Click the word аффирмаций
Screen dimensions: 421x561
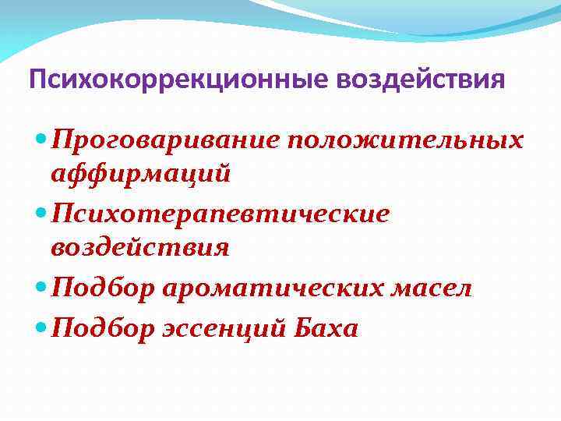(140, 173)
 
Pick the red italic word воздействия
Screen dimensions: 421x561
(140, 247)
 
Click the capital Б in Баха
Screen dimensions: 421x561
(302, 328)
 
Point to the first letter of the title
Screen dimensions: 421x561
(36, 80)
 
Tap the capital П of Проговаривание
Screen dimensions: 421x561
(62, 141)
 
